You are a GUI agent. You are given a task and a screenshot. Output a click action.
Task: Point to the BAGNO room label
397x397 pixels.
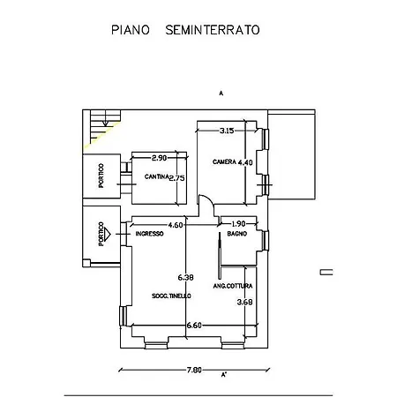click(x=236, y=234)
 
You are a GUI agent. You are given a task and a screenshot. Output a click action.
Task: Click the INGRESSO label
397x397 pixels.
click(x=150, y=234)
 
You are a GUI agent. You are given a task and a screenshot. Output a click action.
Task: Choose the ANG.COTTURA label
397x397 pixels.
click(x=232, y=286)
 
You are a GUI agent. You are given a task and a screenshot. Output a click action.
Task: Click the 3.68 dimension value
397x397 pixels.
click(x=245, y=303)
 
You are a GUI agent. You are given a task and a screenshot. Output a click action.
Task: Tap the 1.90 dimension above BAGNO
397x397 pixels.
click(x=238, y=224)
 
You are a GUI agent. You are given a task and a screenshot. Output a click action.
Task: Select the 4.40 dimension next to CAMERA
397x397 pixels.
click(x=246, y=162)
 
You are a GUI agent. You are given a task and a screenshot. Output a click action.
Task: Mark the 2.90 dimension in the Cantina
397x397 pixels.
click(x=159, y=158)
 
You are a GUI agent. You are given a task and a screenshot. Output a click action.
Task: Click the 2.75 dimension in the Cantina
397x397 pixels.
click(x=176, y=177)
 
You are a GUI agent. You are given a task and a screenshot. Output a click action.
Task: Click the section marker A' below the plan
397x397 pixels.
click(x=224, y=375)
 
